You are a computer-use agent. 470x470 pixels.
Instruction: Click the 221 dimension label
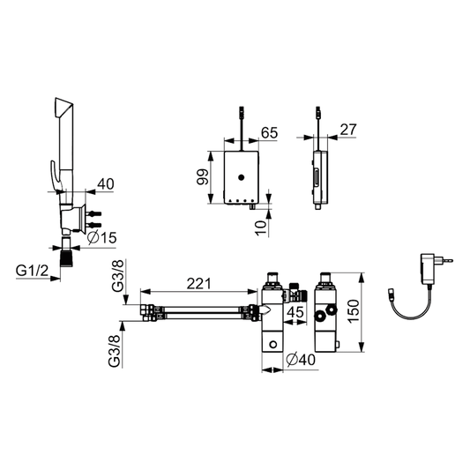click(x=198, y=284)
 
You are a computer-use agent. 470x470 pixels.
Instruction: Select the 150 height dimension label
click(x=354, y=311)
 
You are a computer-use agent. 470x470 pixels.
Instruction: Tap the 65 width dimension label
click(x=269, y=133)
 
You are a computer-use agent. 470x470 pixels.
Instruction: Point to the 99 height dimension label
click(x=203, y=177)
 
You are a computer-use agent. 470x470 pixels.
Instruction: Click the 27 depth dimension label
click(x=348, y=130)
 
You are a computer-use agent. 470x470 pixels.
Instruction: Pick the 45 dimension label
click(x=295, y=312)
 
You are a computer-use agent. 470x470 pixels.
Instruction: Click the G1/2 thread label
click(x=32, y=271)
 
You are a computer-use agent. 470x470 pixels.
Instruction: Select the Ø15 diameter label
click(x=102, y=238)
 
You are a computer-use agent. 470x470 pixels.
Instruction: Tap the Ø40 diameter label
click(x=301, y=360)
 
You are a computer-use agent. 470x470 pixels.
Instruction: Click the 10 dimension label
click(x=261, y=228)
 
